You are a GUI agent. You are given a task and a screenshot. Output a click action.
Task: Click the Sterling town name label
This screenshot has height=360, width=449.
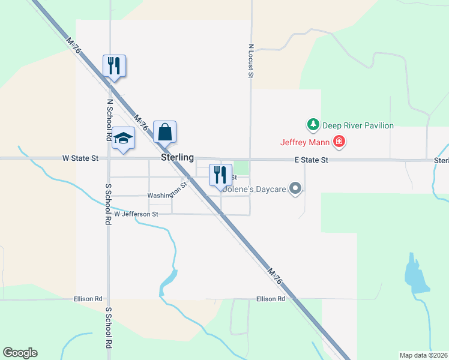[x=177, y=157]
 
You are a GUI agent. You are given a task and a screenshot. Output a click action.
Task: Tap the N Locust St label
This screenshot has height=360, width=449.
[x=251, y=61]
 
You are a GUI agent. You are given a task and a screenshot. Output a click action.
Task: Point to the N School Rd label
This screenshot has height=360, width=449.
[x=110, y=120]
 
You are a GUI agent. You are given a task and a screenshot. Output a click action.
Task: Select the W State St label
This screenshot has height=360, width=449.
[x=80, y=159]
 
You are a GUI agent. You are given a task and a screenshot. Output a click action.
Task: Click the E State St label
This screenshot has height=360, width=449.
[x=312, y=160]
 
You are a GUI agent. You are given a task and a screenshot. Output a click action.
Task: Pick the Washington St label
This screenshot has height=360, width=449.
[x=167, y=193]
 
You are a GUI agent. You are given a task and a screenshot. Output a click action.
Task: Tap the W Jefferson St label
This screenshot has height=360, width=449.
[x=136, y=214]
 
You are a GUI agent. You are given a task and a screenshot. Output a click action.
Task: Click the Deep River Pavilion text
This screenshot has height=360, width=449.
[x=358, y=125]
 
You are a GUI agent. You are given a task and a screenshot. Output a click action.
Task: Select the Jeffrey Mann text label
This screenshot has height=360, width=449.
[x=305, y=142]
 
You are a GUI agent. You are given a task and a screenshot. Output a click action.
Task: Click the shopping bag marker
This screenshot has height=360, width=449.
[x=165, y=131]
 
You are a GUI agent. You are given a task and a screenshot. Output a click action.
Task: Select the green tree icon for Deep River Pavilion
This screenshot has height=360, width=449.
[x=313, y=125]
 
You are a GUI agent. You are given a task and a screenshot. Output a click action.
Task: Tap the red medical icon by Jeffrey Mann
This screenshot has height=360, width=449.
[x=339, y=142]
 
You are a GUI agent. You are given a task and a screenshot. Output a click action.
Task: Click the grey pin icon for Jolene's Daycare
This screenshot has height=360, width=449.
[x=295, y=189]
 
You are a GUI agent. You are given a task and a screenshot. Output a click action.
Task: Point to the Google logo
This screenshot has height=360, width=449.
[x=20, y=353]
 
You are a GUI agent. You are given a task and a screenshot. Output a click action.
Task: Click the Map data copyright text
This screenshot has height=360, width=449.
[x=424, y=355]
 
